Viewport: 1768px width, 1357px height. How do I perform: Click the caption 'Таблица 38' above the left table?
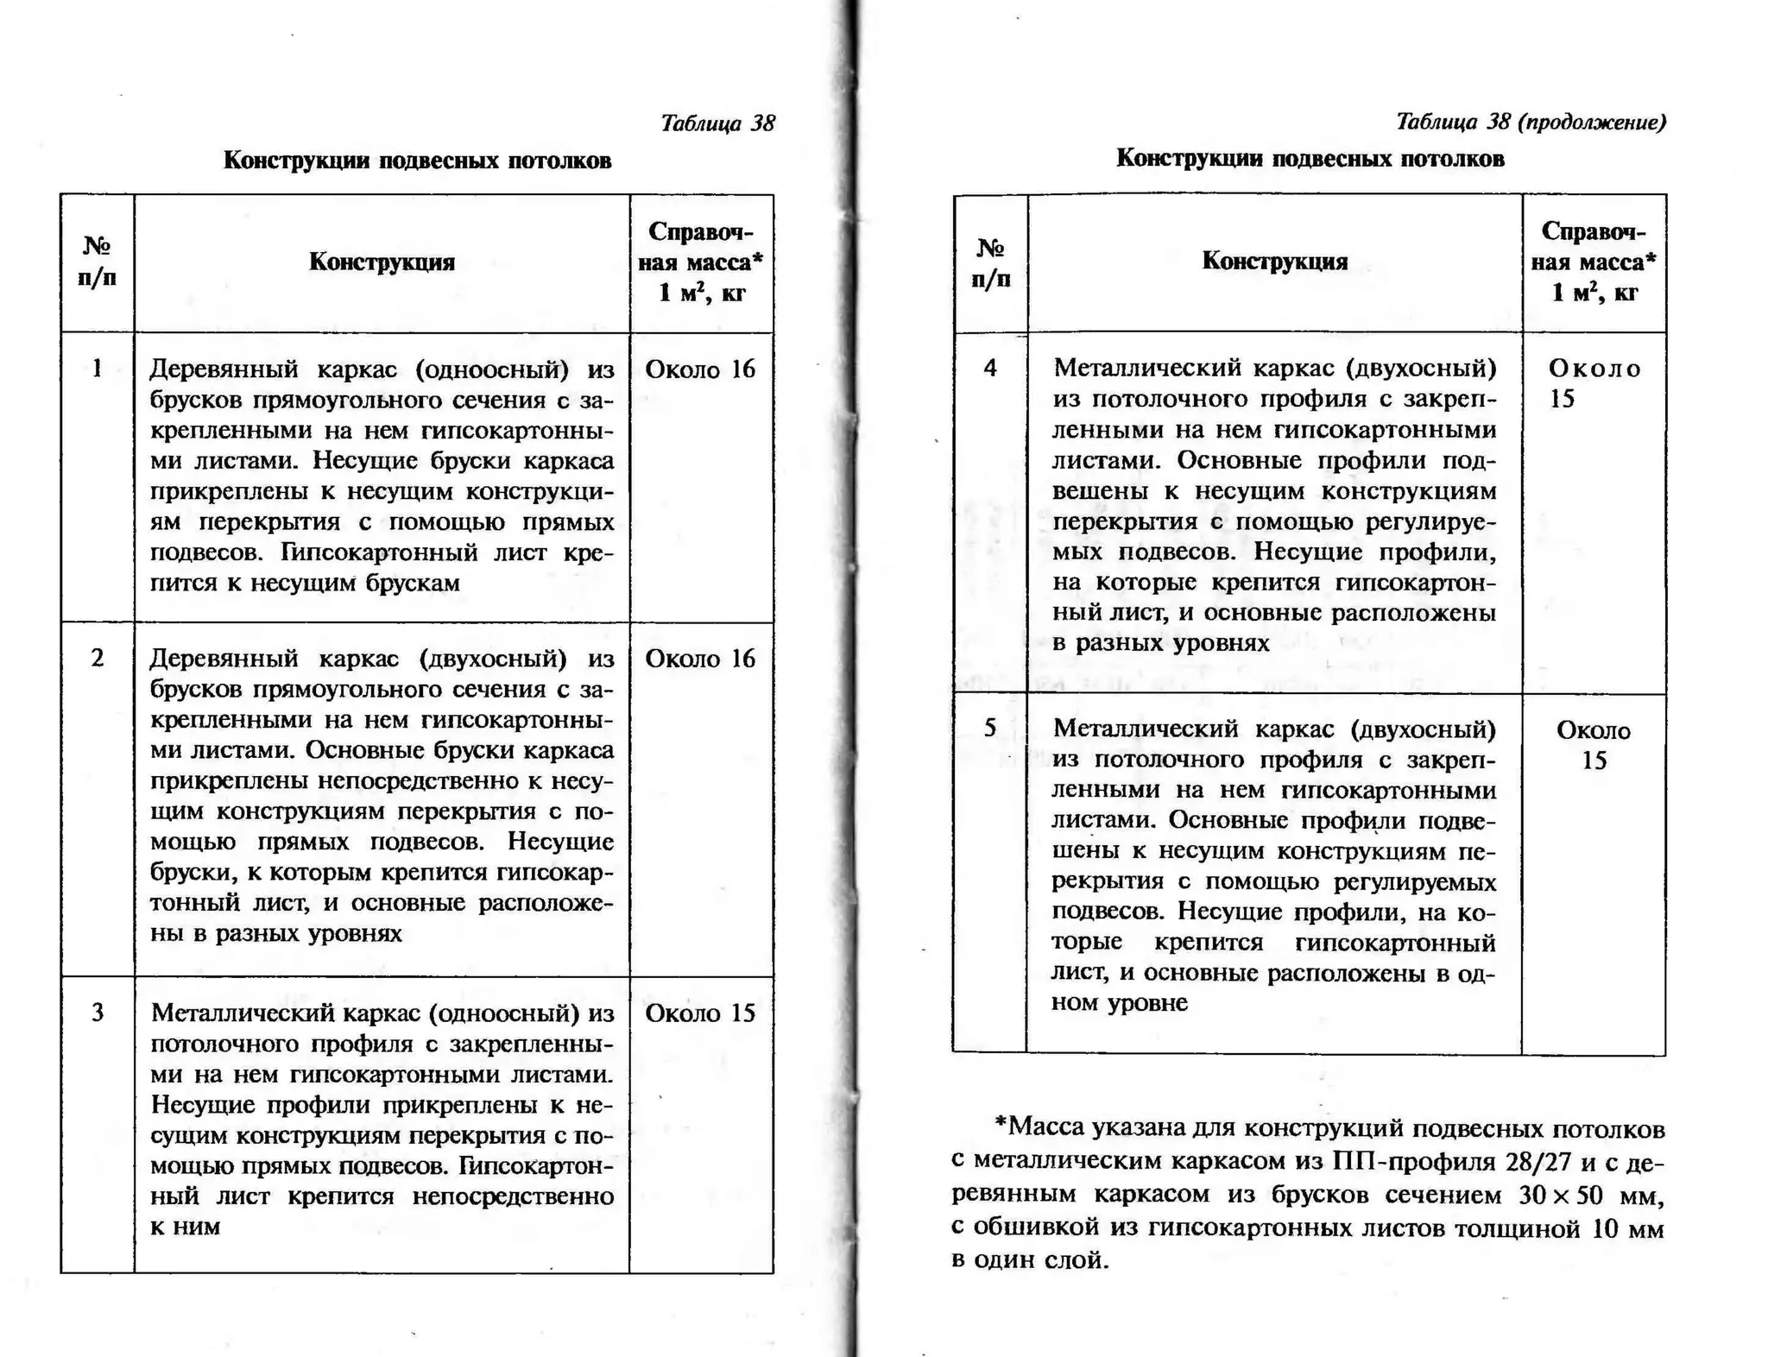[717, 123]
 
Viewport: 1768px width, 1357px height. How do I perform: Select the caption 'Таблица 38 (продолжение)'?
[1530, 122]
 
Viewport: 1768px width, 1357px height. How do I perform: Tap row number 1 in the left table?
[98, 369]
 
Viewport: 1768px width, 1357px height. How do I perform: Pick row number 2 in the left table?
[98, 658]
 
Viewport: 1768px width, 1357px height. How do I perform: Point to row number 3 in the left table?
[98, 1012]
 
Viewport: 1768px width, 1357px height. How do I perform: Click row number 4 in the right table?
[990, 368]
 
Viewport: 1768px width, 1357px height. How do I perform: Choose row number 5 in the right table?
[990, 728]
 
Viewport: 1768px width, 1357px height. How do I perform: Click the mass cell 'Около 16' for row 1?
[700, 369]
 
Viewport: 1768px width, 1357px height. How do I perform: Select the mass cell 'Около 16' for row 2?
[700, 659]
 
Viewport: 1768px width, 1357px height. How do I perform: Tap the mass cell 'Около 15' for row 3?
[700, 1013]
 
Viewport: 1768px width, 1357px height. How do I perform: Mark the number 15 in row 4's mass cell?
[1562, 399]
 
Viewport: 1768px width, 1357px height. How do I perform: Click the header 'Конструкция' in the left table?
[382, 262]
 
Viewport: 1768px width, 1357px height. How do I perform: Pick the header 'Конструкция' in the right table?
[1274, 261]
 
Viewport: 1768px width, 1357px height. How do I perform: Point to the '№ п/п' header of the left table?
[98, 262]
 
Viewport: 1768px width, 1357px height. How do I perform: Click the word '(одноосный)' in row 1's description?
[492, 369]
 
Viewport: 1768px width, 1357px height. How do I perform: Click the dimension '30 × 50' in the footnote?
[1562, 1195]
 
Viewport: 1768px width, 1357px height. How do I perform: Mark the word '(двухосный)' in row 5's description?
[1422, 729]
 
